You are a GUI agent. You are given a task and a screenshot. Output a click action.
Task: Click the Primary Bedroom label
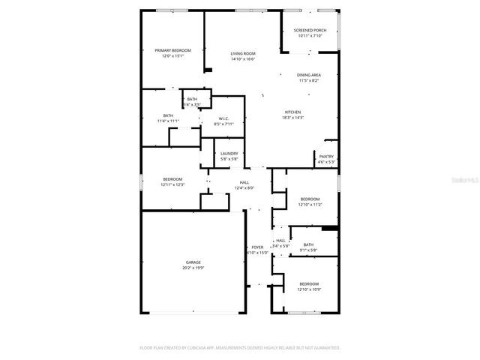pyautogui.click(x=172, y=50)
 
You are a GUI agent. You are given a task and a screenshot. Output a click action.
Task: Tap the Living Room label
pyautogui.click(x=243, y=54)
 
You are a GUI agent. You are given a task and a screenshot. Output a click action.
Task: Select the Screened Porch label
pyautogui.click(x=309, y=31)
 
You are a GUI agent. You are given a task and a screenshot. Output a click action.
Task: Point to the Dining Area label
pyautogui.click(x=309, y=75)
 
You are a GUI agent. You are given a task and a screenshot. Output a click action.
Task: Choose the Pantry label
pyautogui.click(x=326, y=157)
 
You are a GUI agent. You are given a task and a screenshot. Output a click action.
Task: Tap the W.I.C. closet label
pyautogui.click(x=223, y=118)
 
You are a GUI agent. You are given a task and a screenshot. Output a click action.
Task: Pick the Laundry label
pyautogui.click(x=229, y=154)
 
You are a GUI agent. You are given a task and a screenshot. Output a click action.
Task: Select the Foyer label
pyautogui.click(x=257, y=247)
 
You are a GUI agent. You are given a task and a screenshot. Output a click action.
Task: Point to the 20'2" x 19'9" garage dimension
pyautogui.click(x=193, y=268)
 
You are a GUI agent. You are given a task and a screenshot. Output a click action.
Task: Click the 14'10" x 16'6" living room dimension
pyautogui.click(x=243, y=59)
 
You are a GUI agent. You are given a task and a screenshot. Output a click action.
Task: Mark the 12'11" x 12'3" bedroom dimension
pyautogui.click(x=173, y=184)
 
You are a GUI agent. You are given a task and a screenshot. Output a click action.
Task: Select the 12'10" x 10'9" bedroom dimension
pyautogui.click(x=309, y=289)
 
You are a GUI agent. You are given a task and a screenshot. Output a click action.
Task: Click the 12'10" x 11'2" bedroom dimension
pyautogui.click(x=309, y=205)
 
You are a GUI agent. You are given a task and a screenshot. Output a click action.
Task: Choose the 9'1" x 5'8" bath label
pyautogui.click(x=309, y=250)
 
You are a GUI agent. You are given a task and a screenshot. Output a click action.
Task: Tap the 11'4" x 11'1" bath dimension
pyautogui.click(x=168, y=121)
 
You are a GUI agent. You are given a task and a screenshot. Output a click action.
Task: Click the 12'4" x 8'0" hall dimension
pyautogui.click(x=244, y=187)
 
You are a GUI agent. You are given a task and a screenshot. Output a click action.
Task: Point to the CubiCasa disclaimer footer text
pyautogui.click(x=240, y=348)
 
